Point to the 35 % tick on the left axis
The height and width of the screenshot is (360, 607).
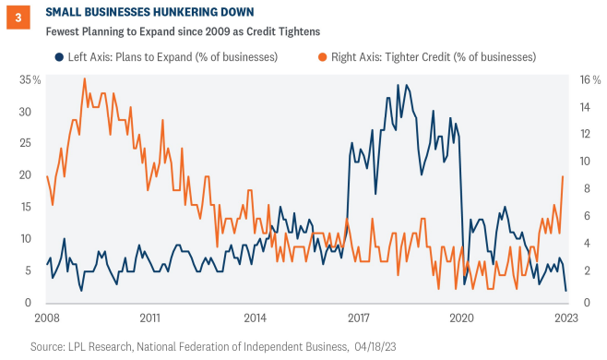[x=29, y=80]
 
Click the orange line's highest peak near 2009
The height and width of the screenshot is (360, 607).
[x=85, y=78]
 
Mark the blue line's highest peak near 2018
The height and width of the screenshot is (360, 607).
[x=399, y=85]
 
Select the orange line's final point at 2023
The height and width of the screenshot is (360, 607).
[x=564, y=176]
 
